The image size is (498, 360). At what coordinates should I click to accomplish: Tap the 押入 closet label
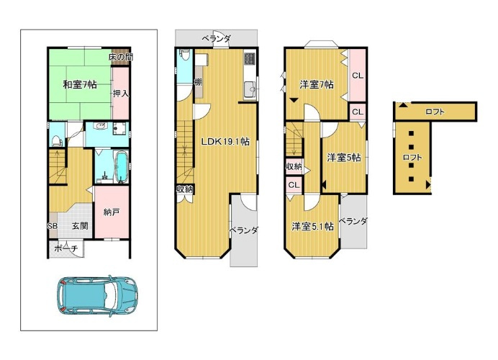pos(121,93)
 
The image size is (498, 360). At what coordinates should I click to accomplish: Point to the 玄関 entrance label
pos(79,226)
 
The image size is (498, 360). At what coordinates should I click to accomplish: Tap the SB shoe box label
pos(53,226)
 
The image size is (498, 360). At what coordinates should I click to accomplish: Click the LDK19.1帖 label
pos(225,142)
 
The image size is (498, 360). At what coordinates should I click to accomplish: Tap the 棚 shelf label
pos(197,81)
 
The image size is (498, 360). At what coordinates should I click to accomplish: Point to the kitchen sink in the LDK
pos(250,89)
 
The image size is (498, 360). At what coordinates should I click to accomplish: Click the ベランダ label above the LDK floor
pos(216,38)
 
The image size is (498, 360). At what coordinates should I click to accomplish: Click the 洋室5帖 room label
pos(344,158)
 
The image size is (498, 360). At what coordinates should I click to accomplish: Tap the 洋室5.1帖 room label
pos(312,226)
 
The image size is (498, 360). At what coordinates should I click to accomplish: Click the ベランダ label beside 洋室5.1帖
pos(353,222)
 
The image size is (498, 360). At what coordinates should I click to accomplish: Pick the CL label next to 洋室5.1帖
pos(293,185)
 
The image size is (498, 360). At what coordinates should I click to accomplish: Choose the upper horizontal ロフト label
pos(435,111)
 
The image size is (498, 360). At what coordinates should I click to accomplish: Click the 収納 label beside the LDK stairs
pos(185,189)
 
